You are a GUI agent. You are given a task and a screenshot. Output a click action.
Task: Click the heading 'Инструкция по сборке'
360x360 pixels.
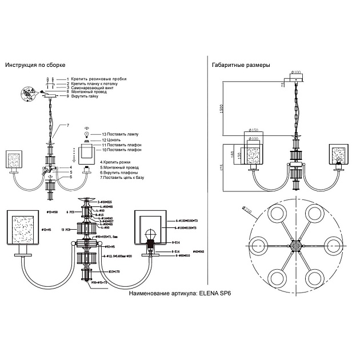tap(35, 66)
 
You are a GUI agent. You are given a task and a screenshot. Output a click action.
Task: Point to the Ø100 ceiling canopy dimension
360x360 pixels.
tap(296, 72)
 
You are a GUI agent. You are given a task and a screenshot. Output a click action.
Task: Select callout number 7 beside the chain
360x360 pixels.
tap(67, 125)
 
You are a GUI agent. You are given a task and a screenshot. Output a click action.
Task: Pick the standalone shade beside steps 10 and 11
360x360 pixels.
tap(88, 153)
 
